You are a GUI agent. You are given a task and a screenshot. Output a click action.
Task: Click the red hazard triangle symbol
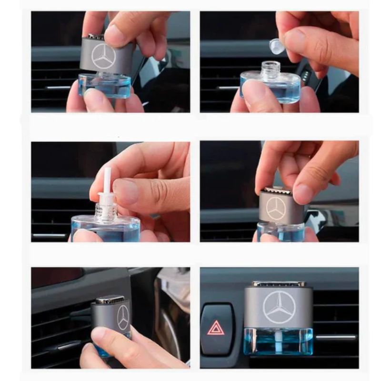(x=215, y=328)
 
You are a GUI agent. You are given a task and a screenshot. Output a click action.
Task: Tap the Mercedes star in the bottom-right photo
(x=279, y=307)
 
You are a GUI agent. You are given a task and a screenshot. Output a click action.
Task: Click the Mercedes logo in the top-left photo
(x=104, y=56)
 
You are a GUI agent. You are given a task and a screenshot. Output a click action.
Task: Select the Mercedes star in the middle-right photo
(x=276, y=209)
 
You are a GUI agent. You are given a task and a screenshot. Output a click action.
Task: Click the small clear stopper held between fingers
(x=276, y=46)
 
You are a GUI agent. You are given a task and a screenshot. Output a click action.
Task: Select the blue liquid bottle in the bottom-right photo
(x=278, y=341)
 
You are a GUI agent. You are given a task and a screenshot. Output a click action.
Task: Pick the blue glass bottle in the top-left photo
(x=105, y=86)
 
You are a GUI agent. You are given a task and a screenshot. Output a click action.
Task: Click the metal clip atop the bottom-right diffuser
(x=279, y=284)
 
